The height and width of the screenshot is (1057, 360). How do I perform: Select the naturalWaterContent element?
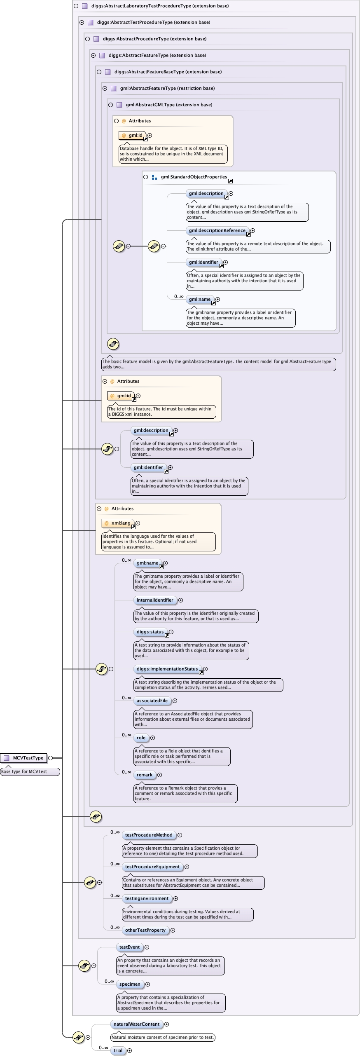coord(136,1024)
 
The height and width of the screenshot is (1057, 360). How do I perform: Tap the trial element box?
coord(118,1050)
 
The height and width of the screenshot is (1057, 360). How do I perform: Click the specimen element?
coord(130,984)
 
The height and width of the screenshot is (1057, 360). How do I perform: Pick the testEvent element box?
coord(129,947)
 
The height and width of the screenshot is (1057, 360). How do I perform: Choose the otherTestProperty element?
coord(145,930)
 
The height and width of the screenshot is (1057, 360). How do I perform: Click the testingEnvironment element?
coord(147,898)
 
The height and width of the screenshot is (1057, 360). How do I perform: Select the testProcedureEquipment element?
coord(152,867)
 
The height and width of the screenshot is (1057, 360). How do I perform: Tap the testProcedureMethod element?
coord(149,835)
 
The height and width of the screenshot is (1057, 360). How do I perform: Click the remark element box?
coord(145,775)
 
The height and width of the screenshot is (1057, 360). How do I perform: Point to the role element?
coord(141,738)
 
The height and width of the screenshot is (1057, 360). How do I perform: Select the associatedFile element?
coord(152,701)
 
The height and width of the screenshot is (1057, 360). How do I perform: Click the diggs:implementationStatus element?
coord(167,669)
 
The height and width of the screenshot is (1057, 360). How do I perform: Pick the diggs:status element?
coord(150,632)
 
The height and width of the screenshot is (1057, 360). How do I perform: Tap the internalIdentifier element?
coord(155,600)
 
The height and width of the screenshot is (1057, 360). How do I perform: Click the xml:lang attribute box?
coord(118,523)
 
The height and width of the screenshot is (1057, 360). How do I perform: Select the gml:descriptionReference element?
coord(217,230)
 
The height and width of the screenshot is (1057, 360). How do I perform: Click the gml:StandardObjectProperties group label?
coord(194,177)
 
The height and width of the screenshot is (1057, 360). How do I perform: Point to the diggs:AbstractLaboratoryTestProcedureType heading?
coord(160,6)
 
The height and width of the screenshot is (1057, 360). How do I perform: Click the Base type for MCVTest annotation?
coord(30,771)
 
